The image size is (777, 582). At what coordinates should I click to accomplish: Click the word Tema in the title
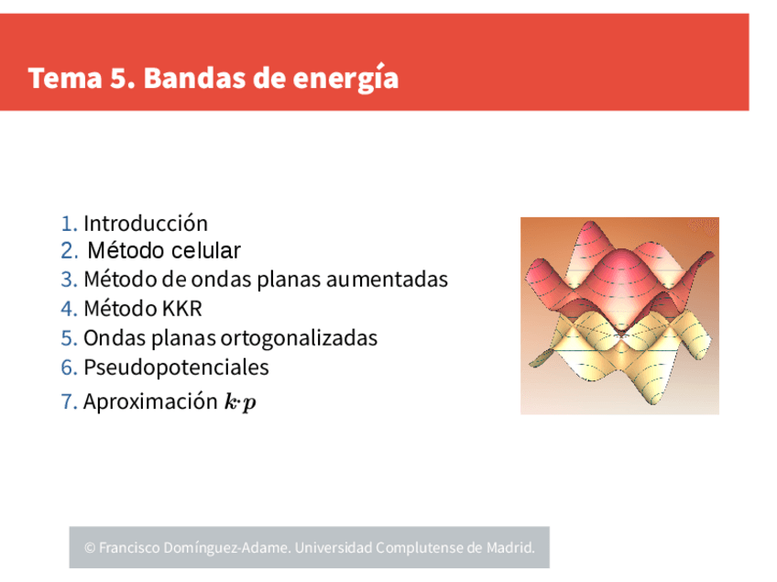(65, 78)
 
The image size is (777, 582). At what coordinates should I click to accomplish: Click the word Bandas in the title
(194, 78)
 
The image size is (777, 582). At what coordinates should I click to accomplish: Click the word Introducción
(146, 224)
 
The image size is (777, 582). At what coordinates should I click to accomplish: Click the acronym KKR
(182, 309)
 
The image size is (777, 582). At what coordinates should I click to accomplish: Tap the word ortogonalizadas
(299, 338)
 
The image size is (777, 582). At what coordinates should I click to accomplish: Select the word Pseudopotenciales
(176, 368)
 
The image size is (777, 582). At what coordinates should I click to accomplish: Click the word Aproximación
(150, 401)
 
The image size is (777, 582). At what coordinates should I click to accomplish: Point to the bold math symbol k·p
(240, 401)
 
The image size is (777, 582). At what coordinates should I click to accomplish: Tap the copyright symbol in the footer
(90, 548)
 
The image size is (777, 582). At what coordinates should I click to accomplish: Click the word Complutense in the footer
(421, 548)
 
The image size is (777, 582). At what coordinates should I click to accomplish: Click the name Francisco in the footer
(129, 548)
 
